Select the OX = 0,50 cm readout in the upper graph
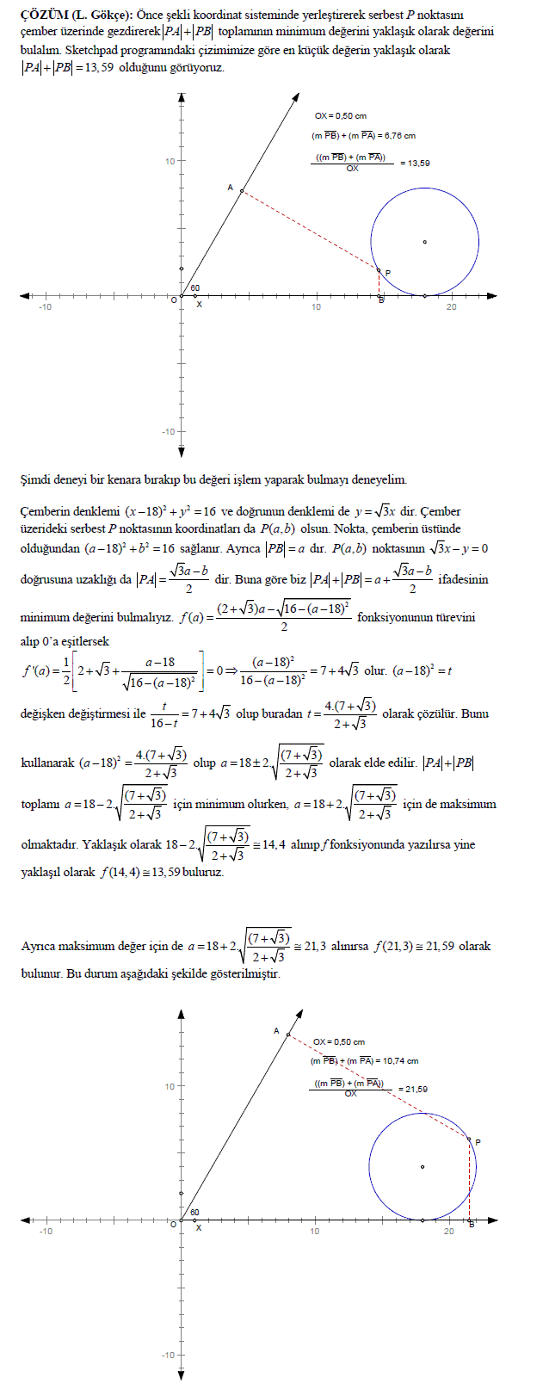(340, 115)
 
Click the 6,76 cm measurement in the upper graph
(398, 135)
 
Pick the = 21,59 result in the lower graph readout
(412, 1089)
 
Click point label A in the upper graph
(230, 187)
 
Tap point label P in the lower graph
(478, 1142)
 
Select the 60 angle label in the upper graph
(194, 288)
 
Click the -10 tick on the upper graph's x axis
(44, 307)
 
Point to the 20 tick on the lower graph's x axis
(448, 1232)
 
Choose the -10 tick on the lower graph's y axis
(167, 1356)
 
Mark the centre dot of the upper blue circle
(424, 242)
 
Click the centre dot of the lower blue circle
(422, 1166)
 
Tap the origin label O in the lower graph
(173, 1224)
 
